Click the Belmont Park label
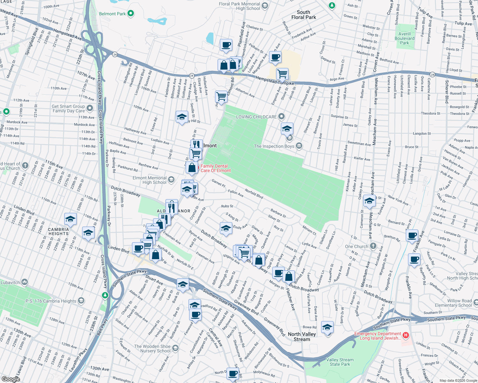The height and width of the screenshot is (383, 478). (x=112, y=14)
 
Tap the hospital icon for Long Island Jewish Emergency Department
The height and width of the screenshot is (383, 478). (x=405, y=335)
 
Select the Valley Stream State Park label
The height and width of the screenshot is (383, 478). (x=340, y=362)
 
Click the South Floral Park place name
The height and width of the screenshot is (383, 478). (x=304, y=15)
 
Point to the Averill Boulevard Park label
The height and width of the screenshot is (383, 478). (x=405, y=38)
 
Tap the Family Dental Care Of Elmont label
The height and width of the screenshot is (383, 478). (x=215, y=168)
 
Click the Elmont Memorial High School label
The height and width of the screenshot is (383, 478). (x=150, y=180)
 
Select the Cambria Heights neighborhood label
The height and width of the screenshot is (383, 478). (x=58, y=231)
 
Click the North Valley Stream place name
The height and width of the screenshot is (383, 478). (x=302, y=336)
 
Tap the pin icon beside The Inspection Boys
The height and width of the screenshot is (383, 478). (x=299, y=146)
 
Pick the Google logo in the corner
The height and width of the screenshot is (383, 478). (x=11, y=379)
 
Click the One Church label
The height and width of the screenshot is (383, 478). (x=357, y=246)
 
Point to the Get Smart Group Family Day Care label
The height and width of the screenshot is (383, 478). (x=68, y=109)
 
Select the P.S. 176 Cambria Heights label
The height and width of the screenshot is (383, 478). (x=51, y=301)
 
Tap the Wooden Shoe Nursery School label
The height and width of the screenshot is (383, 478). (x=152, y=349)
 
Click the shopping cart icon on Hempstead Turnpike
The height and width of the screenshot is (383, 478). (x=282, y=74)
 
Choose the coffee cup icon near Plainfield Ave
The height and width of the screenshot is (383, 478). (x=226, y=45)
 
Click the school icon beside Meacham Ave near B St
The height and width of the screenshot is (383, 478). (x=369, y=201)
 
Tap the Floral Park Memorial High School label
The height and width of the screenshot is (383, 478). (x=239, y=6)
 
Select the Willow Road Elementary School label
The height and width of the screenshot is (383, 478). (x=459, y=303)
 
